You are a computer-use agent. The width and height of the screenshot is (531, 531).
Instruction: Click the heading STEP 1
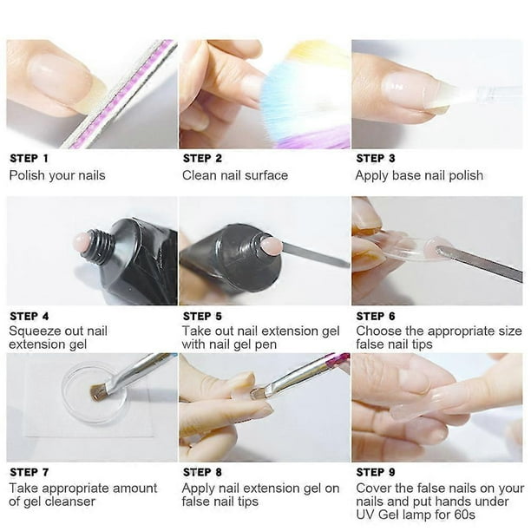click(29, 158)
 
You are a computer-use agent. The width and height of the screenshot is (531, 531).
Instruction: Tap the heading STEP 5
click(202, 316)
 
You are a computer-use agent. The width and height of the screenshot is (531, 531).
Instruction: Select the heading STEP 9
click(376, 472)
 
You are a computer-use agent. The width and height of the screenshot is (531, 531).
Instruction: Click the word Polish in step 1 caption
click(27, 175)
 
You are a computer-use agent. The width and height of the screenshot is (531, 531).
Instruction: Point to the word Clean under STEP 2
click(200, 175)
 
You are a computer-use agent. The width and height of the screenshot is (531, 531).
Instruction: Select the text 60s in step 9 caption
click(465, 515)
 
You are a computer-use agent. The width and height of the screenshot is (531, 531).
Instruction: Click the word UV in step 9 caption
click(365, 515)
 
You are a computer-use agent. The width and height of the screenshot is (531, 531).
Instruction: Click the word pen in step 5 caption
click(265, 345)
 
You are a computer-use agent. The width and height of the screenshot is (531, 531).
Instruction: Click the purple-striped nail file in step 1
click(122, 95)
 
